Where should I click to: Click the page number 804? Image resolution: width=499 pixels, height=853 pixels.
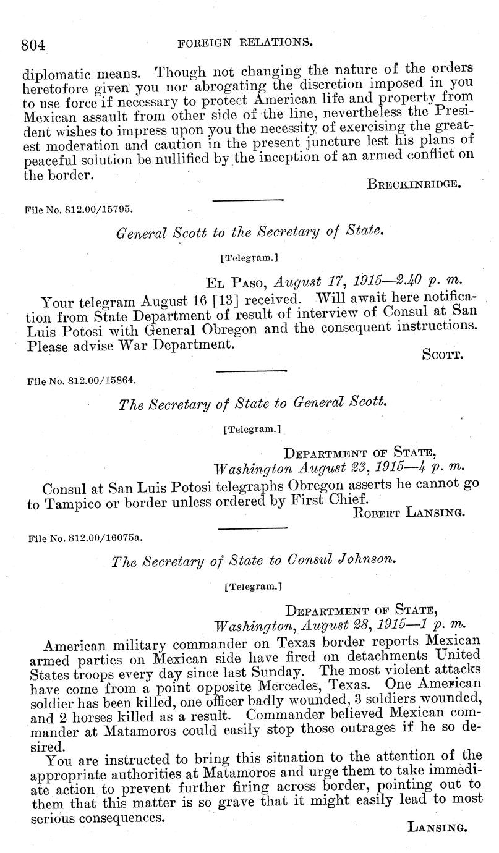[34, 45]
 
